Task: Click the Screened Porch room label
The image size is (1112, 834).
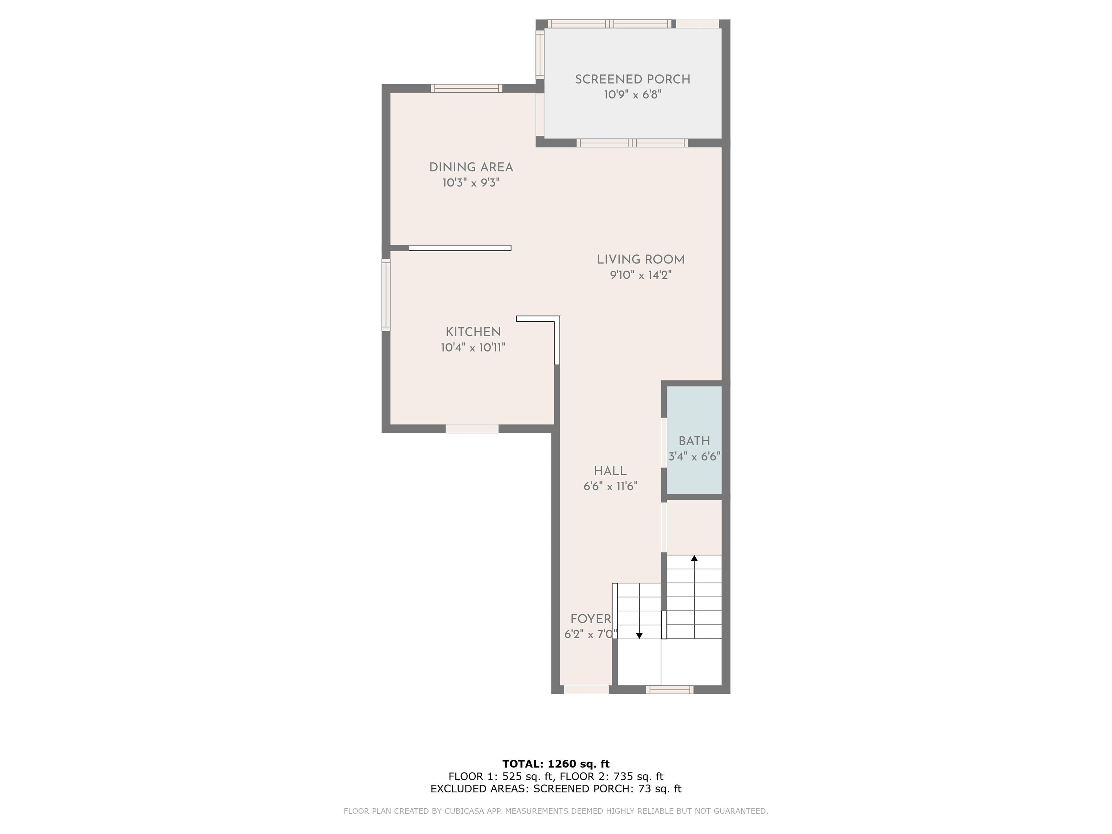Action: (632, 79)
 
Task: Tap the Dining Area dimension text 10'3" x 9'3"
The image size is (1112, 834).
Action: (471, 182)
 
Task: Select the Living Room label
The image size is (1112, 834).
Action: (640, 260)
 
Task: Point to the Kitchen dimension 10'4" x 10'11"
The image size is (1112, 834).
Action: (473, 347)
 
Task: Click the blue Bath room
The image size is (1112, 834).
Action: (694, 440)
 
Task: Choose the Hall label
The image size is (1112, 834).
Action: (610, 471)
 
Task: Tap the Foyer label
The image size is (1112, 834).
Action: (591, 619)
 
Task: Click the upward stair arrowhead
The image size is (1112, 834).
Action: (694, 558)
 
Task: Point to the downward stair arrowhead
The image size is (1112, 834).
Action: (640, 636)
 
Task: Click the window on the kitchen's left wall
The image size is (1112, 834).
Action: (386, 295)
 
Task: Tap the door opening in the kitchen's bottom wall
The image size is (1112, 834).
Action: (472, 429)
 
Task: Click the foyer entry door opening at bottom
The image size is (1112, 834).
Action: (586, 690)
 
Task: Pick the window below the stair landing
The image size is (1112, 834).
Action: (670, 690)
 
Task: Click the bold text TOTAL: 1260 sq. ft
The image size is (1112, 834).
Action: (556, 764)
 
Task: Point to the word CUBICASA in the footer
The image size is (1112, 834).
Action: (468, 811)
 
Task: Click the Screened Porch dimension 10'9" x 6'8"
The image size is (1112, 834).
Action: (632, 94)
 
